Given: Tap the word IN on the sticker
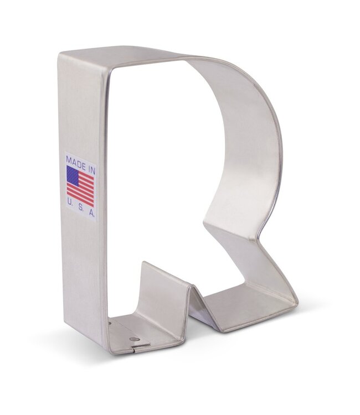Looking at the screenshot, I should [x=91, y=159].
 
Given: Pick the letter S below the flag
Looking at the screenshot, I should [x=80, y=212].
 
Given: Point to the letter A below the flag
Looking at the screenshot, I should [x=91, y=212].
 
